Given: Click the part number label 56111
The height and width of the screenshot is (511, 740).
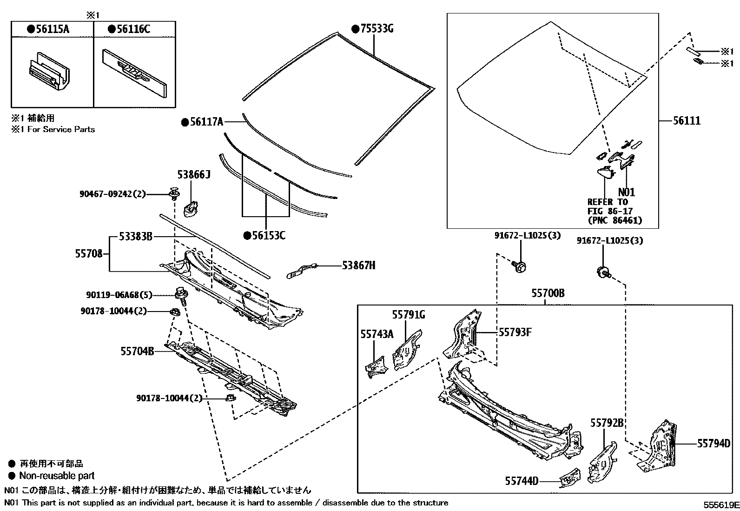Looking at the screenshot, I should coord(687,121).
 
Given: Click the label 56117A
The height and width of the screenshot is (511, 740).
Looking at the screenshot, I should coord(205,122).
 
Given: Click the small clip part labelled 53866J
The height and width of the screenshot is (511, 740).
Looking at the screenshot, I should coord(191,207).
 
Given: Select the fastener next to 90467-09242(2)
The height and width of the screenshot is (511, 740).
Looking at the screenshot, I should coord(175,192).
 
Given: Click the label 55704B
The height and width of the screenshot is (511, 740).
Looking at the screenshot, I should coord(137,351).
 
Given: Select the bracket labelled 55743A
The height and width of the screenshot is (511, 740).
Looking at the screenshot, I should coord(376,365).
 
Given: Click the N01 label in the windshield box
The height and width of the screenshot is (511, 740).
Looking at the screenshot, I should coord(626,192).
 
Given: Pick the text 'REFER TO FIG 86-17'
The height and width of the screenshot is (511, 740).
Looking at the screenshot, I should coord(608,206).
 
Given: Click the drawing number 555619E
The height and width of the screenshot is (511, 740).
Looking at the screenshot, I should coord(720,504).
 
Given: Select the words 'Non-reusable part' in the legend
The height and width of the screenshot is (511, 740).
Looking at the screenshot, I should coord(57,476).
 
